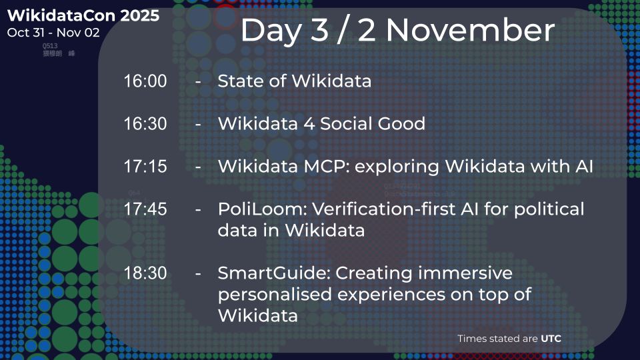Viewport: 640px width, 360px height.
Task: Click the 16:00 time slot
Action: (145, 81)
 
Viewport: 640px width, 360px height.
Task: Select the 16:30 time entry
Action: (145, 124)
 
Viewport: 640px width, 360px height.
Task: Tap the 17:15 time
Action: (145, 167)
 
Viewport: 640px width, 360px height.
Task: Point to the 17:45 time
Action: (145, 209)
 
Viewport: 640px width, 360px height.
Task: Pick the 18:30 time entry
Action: (145, 273)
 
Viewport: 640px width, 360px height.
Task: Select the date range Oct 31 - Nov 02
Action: (53, 32)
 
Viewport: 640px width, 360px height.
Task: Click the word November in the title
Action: (470, 31)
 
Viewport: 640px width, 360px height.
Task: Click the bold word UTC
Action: (551, 339)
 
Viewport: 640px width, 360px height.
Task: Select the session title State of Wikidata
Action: (294, 81)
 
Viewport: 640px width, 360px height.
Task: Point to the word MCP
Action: (325, 167)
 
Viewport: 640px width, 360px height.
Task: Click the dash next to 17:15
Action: (198, 167)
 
